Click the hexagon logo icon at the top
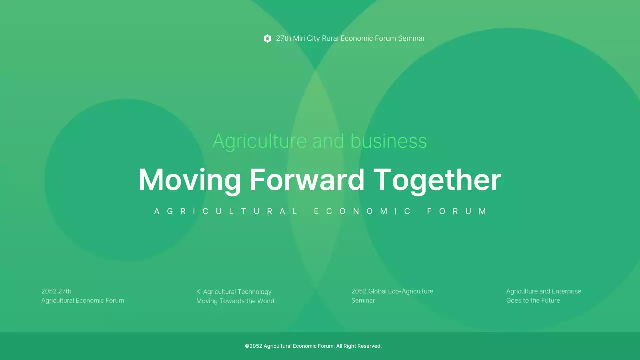(267, 39)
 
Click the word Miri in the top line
(299, 39)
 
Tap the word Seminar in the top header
(411, 39)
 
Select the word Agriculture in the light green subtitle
(260, 141)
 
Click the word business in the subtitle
(389, 141)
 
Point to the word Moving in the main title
(190, 180)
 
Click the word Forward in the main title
(307, 180)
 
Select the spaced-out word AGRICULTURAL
(226, 211)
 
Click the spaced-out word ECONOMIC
(362, 211)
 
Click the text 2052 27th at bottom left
(56, 291)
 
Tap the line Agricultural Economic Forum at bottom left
(83, 301)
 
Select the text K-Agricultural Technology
(234, 292)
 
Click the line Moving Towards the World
(235, 301)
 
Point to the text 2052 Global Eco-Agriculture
(392, 291)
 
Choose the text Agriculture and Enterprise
(544, 291)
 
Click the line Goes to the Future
(533, 301)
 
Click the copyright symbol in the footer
(247, 346)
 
